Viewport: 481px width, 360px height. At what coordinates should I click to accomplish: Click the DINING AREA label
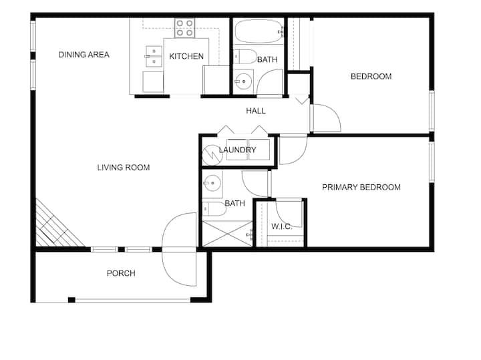coord(84,55)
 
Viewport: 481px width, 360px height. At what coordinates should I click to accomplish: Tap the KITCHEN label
coord(186,56)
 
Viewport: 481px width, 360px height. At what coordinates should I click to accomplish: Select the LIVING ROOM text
coord(124,168)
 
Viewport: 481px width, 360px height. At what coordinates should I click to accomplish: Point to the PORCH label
coord(121,273)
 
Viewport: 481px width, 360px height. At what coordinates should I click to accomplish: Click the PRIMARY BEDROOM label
coord(361,187)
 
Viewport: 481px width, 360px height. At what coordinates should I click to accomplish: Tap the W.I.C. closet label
coord(282,226)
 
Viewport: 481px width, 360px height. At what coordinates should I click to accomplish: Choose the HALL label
coord(255,111)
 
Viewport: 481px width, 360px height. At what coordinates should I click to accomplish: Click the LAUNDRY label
coord(237,150)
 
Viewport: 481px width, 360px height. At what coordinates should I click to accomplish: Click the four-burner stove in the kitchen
coord(184,28)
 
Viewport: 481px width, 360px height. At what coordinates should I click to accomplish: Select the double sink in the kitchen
coord(154,56)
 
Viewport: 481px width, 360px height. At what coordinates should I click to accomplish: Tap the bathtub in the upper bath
coord(259,31)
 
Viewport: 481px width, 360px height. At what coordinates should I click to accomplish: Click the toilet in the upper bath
coord(245,56)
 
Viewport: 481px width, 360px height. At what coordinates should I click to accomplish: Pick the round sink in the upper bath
coord(244,81)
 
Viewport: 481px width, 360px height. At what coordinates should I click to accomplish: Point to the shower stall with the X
coord(227,234)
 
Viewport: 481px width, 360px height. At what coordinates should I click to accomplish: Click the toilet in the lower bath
coord(214,209)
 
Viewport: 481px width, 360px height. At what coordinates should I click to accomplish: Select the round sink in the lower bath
coord(212,184)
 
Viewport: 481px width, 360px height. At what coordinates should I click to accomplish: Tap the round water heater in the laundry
coord(212,154)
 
